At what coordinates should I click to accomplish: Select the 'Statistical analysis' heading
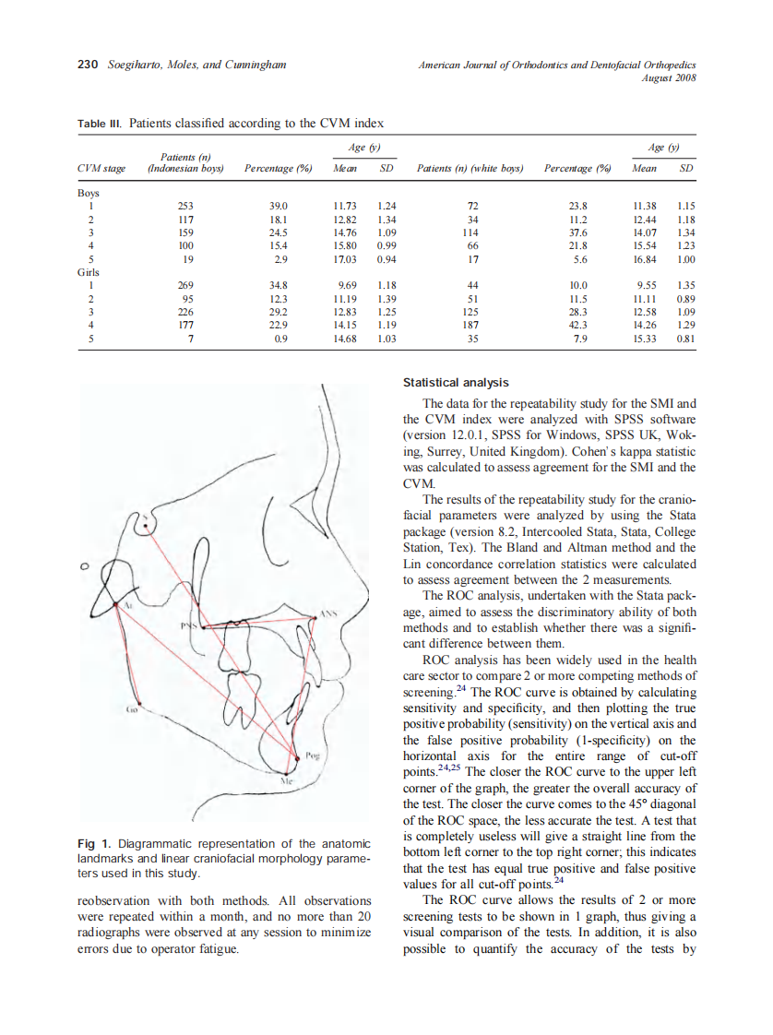coord(456,383)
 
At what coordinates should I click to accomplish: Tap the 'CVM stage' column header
coord(101,170)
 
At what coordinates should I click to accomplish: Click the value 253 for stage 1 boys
coord(185,207)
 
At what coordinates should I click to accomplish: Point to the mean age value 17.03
coord(345,259)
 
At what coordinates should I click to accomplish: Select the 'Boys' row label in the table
coord(89,194)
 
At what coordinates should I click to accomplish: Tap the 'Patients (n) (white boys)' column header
coord(470,170)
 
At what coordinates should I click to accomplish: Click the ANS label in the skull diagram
coord(329,612)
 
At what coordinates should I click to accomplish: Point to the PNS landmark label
coord(189,627)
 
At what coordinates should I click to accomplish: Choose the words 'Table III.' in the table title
coord(99,123)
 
